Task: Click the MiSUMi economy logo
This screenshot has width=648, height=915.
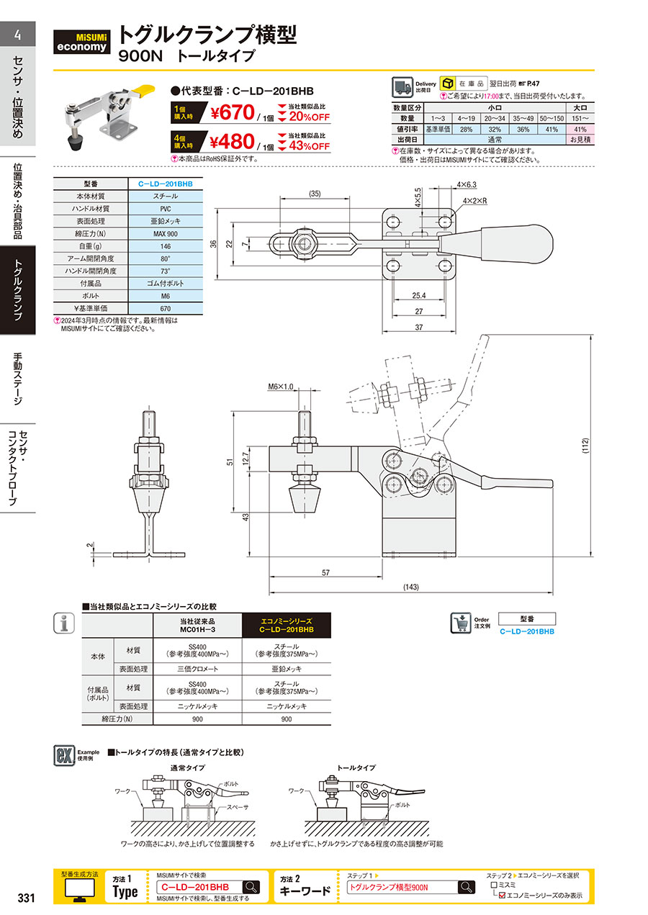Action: point(81,42)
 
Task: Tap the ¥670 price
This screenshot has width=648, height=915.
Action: point(233,112)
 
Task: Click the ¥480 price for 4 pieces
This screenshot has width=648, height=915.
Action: point(232,142)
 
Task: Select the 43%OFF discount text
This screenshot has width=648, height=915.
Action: point(310,146)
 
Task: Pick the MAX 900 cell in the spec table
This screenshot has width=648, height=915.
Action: point(166,234)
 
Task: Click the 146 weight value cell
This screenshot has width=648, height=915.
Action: point(166,246)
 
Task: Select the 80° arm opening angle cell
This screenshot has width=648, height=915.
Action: point(166,258)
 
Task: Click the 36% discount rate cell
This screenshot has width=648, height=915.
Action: point(523,129)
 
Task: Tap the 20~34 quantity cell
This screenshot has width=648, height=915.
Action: point(495,119)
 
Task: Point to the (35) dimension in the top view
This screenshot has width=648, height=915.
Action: point(315,194)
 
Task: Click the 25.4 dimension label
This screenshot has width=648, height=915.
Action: point(419,295)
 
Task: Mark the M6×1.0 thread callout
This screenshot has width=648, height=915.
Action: point(280,387)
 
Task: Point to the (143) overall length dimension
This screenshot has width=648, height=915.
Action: point(411,587)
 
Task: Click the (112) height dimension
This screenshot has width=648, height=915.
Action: point(585,446)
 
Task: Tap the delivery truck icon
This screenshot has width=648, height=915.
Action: point(402,87)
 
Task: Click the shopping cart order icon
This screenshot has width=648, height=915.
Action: point(461,623)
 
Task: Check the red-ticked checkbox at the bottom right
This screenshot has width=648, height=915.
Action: point(503,896)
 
